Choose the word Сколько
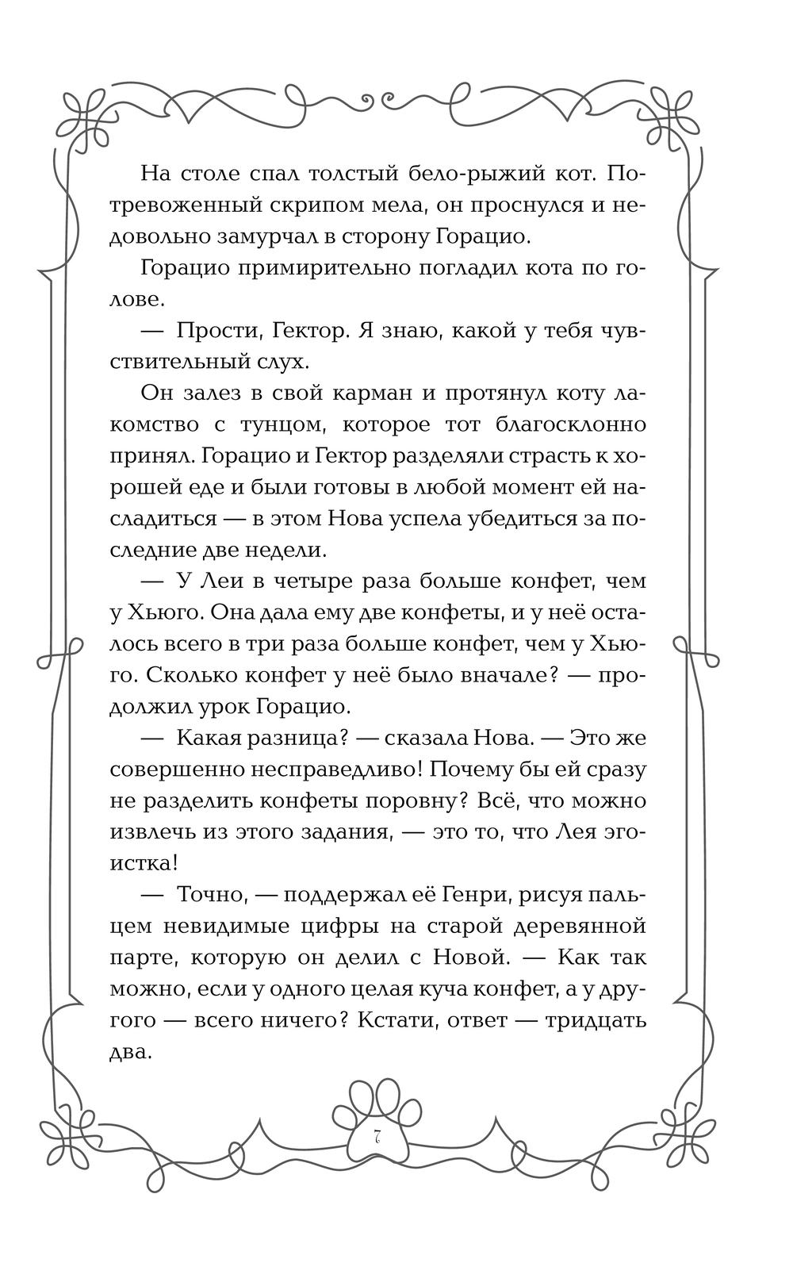(197, 675)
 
